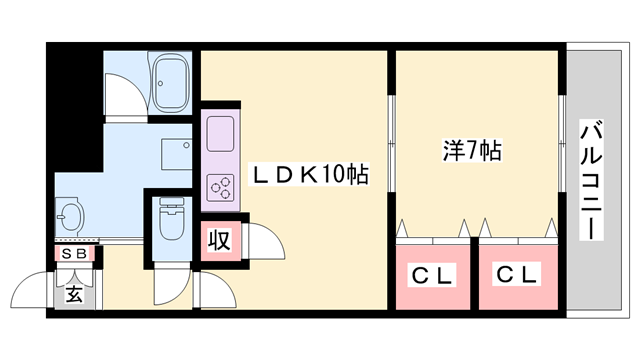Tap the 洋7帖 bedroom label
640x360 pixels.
pyautogui.click(x=473, y=151)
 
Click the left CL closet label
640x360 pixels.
pyautogui.click(x=431, y=274)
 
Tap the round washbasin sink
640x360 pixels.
pyautogui.click(x=70, y=215)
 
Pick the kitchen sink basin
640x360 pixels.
pyautogui.click(x=220, y=130)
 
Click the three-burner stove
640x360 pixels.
pyautogui.click(x=219, y=185)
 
